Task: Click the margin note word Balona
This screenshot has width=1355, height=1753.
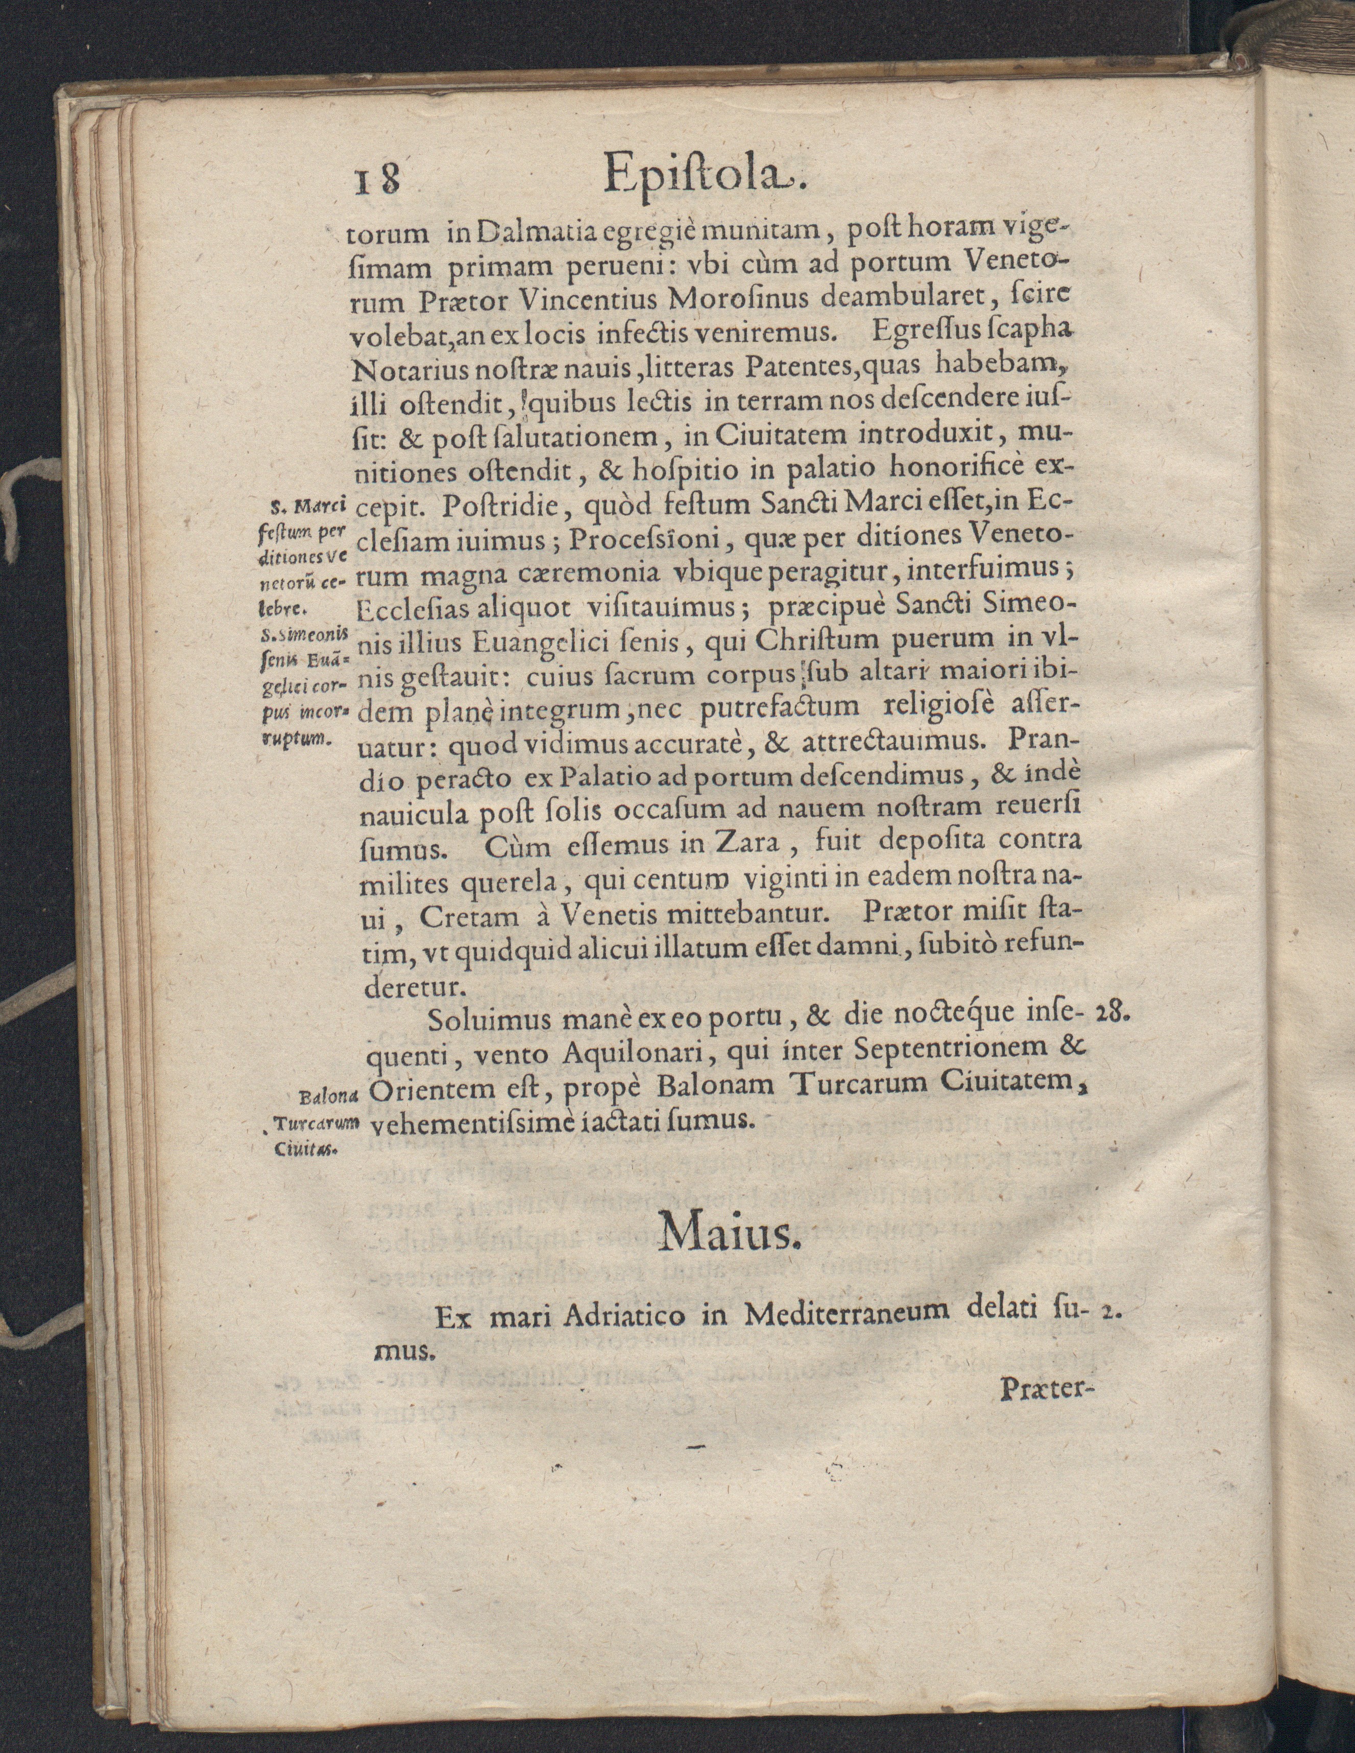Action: (x=328, y=1095)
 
